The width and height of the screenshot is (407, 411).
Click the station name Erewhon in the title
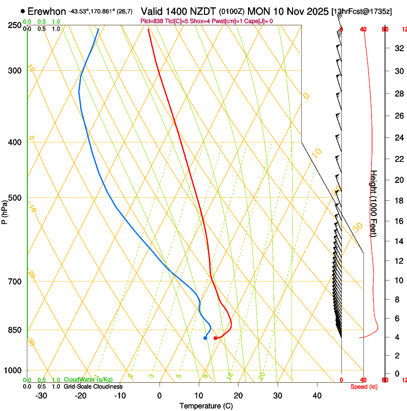pyautogui.click(x=46, y=11)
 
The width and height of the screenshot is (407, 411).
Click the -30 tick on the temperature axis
pyautogui.click(x=41, y=395)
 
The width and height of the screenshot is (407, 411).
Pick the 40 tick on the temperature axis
pyautogui.click(x=317, y=395)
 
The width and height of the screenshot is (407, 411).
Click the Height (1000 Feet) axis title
pyautogui.click(x=374, y=203)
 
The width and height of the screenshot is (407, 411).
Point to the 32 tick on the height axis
pyautogui.click(x=398, y=48)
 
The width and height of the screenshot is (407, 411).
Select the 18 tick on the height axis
pyautogui.click(x=398, y=201)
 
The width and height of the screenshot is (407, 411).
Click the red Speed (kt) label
pyautogui.click(x=364, y=387)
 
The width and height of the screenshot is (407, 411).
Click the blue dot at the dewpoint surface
pyautogui.click(x=205, y=338)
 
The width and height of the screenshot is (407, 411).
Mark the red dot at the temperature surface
pyautogui.click(x=215, y=338)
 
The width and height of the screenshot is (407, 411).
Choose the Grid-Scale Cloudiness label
pyautogui.click(x=93, y=387)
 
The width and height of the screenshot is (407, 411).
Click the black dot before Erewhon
pyautogui.click(x=23, y=11)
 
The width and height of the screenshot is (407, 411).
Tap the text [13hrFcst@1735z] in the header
pyautogui.click(x=361, y=11)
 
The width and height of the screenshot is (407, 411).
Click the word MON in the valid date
pyautogui.click(x=257, y=11)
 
